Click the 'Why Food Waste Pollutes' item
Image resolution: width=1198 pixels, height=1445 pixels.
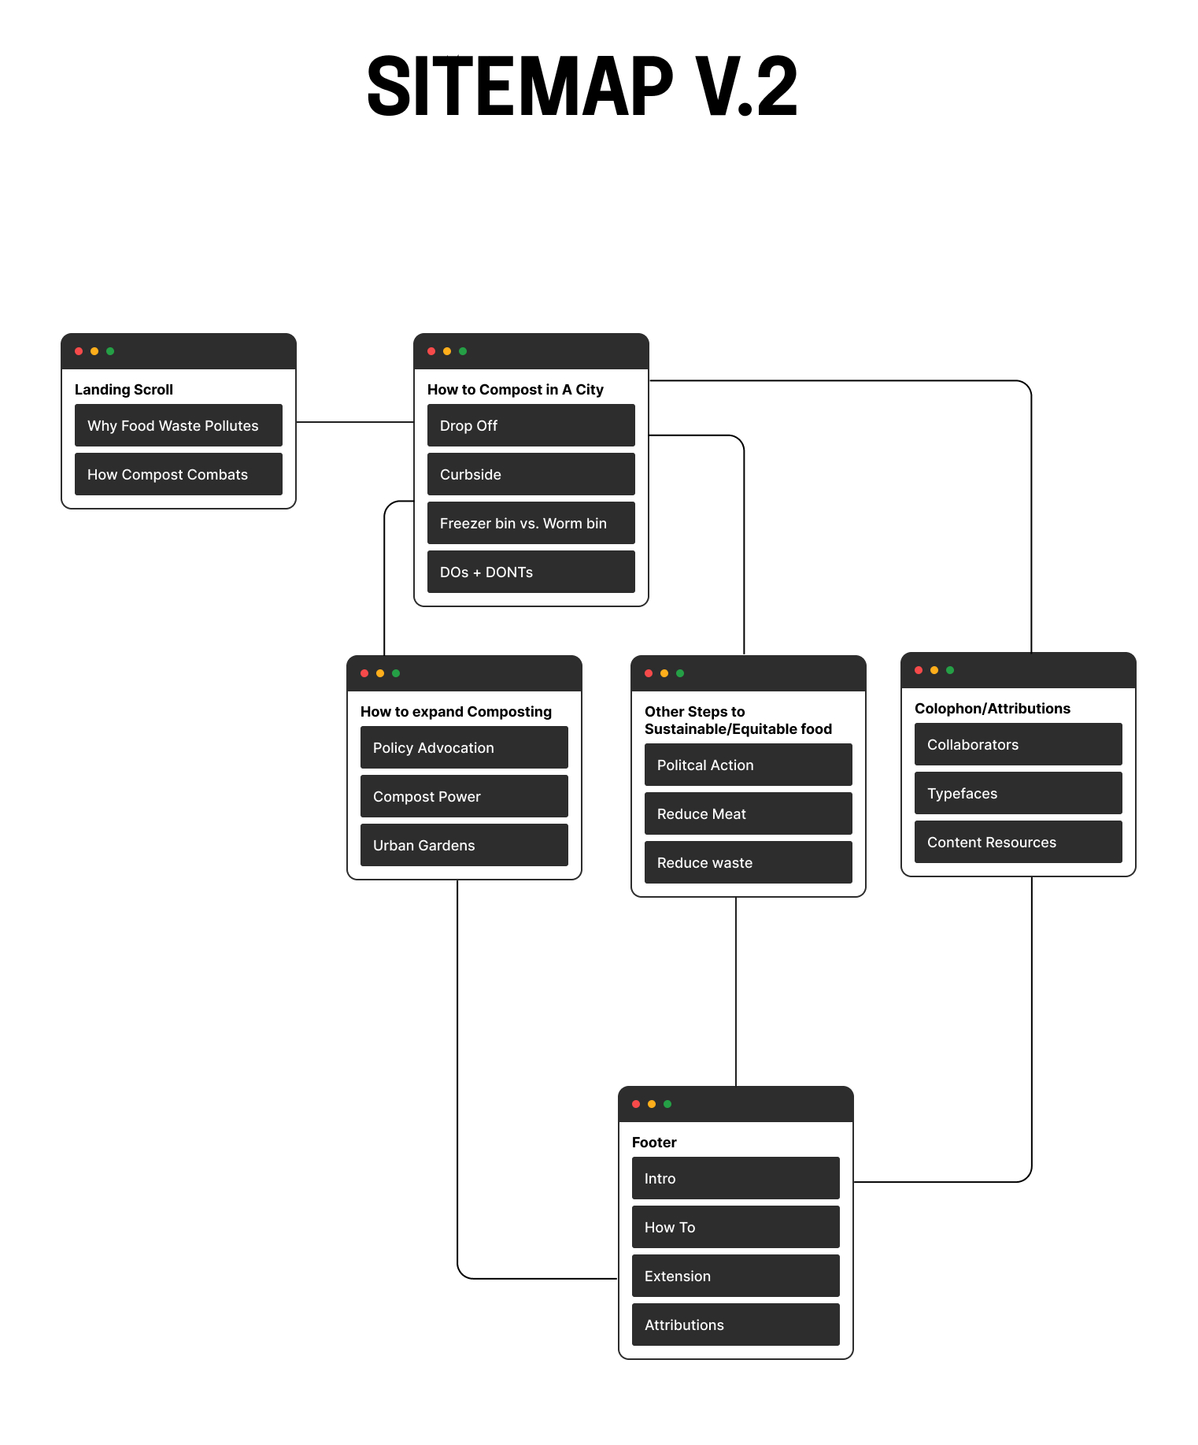click(178, 425)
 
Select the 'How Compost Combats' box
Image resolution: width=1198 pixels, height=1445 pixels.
click(178, 474)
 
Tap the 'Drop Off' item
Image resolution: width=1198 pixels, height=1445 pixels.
click(531, 425)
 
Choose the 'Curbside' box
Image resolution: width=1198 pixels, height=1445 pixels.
click(531, 474)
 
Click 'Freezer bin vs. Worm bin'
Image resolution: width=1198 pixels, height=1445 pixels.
click(531, 523)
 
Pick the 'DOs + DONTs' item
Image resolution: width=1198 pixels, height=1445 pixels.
click(531, 572)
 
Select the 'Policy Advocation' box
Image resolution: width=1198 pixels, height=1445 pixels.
click(464, 747)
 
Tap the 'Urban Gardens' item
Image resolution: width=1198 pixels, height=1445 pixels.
click(464, 845)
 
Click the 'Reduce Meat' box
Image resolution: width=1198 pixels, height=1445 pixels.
click(748, 813)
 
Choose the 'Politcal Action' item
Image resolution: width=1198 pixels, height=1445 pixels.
click(748, 765)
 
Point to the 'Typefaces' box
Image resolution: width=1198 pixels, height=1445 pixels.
click(1018, 793)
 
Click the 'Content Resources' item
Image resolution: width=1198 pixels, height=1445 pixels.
click(1018, 842)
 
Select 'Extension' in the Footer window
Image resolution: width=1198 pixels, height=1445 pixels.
click(735, 1276)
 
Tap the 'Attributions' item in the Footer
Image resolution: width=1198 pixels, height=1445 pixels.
click(735, 1325)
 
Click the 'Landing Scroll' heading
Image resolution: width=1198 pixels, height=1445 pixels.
click(124, 390)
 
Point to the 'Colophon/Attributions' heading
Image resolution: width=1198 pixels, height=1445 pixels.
click(992, 709)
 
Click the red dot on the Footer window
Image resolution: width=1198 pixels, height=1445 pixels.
click(636, 1104)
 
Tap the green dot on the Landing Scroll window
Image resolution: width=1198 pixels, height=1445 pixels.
click(110, 351)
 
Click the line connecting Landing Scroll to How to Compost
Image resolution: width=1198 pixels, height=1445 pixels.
click(354, 422)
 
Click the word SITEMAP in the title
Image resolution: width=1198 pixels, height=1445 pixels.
click(520, 87)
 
